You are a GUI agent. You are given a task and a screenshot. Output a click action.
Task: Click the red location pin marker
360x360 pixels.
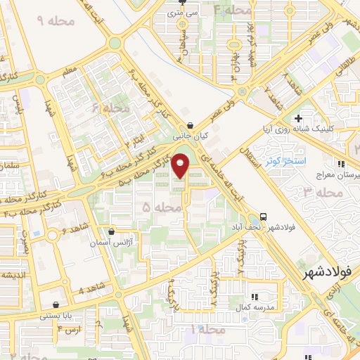coord(181,165)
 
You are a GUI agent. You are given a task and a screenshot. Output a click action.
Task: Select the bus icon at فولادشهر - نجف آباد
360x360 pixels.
coord(263,216)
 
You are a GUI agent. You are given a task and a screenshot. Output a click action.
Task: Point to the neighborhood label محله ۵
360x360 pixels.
coord(156,207)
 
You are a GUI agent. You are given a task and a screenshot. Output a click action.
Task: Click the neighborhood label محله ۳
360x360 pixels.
coord(317,191)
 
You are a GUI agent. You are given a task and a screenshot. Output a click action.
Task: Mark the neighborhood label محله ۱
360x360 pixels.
coord(208,329)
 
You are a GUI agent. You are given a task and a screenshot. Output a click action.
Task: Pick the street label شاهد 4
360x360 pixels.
coord(71,290)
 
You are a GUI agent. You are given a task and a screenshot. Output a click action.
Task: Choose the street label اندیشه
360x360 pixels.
coord(15,274)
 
